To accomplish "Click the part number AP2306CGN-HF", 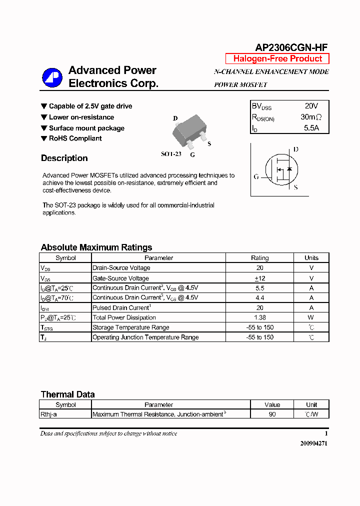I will click(291, 47).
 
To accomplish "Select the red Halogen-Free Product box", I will click(277, 58).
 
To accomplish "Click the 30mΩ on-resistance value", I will click(311, 117).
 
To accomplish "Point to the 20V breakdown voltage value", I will click(311, 106).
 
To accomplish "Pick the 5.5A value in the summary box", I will click(311, 128).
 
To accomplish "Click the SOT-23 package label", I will click(171, 154).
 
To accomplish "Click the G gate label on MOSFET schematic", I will click(256, 176).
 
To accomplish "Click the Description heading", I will click(64, 158).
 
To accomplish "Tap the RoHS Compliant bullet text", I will click(75, 138).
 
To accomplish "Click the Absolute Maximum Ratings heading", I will click(96, 247).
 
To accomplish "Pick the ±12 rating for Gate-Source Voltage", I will click(259, 278).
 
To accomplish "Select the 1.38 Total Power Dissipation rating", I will click(259, 317).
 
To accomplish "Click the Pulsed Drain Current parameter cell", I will click(121, 307).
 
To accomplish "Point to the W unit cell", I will click(311, 317).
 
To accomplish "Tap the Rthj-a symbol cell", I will click(52, 414).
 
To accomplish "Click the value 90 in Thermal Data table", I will click(272, 414).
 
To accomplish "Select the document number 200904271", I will click(313, 443).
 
